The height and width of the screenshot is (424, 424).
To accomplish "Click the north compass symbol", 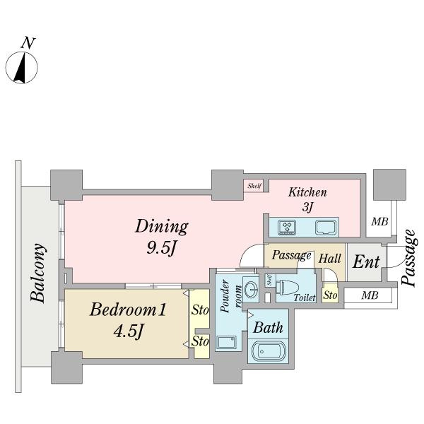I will [x=23, y=67].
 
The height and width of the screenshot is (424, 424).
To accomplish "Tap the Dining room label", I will [x=162, y=227].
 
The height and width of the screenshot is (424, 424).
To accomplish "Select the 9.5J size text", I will [x=162, y=248].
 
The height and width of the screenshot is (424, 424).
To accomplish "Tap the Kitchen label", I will [x=308, y=192].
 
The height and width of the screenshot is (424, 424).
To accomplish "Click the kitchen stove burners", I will [x=288, y=227].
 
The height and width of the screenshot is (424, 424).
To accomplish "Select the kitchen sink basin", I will [x=326, y=227].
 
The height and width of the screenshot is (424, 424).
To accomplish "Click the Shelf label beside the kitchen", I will [x=254, y=186].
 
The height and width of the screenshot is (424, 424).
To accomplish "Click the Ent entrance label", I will [x=366, y=262].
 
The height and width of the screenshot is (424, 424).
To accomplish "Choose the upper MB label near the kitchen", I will [x=380, y=222].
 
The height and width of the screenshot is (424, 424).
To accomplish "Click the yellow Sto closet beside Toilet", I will [x=330, y=295].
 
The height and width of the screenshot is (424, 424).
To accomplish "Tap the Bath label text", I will [x=268, y=328].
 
